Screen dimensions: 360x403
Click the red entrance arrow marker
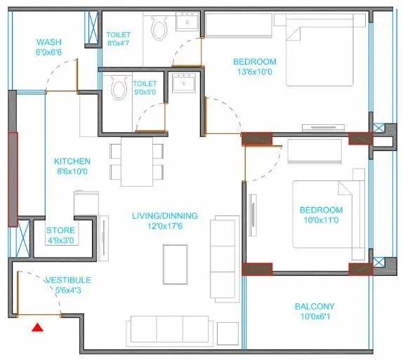pyautogui.click(x=37, y=326)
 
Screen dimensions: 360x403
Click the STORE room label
pyautogui.click(x=60, y=230)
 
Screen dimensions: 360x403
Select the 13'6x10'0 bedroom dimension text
pyautogui.click(x=255, y=72)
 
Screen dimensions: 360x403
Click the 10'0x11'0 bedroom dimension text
pyautogui.click(x=321, y=221)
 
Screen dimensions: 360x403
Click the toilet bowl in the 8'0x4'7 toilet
pyautogui.click(x=159, y=29)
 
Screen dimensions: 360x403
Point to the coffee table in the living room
pyautogui.click(x=176, y=258)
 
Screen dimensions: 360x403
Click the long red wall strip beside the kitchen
pyautogui.click(x=13, y=178)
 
